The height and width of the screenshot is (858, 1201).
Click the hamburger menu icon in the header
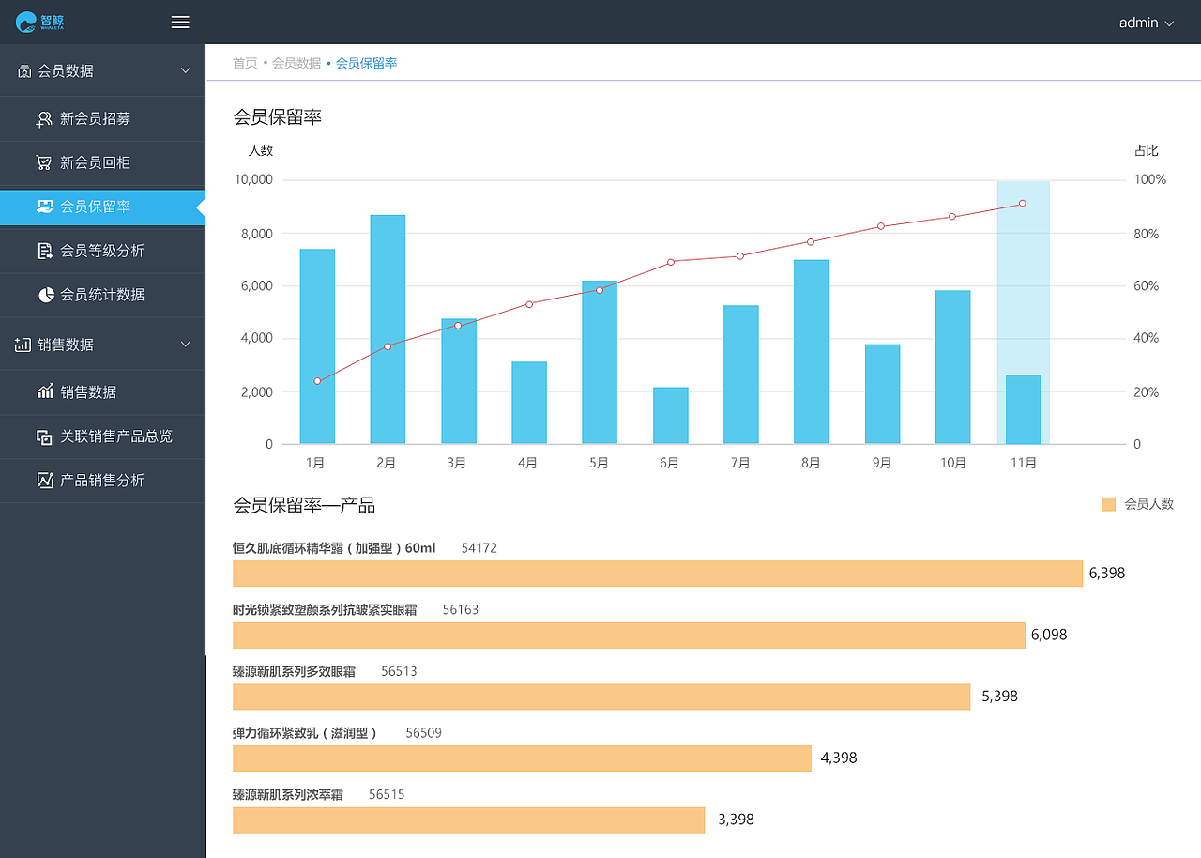[x=180, y=23]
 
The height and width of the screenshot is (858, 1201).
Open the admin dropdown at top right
[x=1146, y=23]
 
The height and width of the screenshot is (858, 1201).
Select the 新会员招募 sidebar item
[x=95, y=119]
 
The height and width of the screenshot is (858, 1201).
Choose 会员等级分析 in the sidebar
[x=101, y=251]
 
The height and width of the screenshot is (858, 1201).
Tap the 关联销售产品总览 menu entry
[x=115, y=437]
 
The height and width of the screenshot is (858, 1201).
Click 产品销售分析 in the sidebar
[x=101, y=481]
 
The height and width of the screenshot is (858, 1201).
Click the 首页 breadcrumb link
[x=245, y=63]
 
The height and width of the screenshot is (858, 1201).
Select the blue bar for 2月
[x=388, y=329]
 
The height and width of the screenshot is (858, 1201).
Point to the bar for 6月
[x=671, y=416]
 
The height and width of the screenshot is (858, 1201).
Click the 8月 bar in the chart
[x=812, y=352]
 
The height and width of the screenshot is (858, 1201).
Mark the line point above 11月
[x=1022, y=204]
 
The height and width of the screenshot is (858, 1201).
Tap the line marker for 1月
[x=317, y=381]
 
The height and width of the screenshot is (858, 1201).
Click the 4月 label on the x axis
[x=527, y=463]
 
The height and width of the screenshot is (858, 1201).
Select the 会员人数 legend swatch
[x=1108, y=504]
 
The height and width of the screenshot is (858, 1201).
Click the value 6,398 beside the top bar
[x=1107, y=573]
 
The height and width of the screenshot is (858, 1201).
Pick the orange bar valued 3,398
[x=468, y=820]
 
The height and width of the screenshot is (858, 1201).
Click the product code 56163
[x=461, y=609]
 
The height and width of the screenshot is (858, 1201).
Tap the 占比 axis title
[x=1147, y=150]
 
